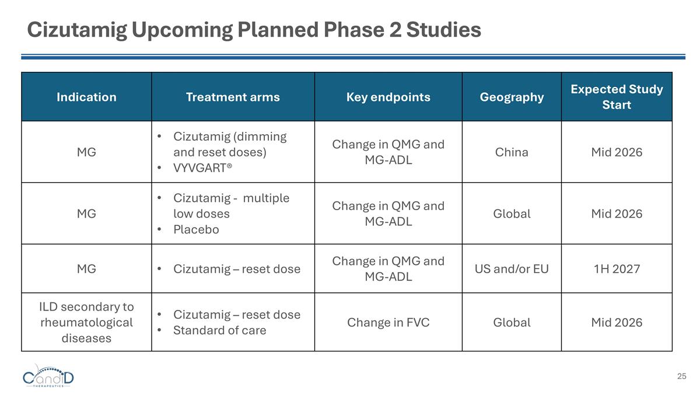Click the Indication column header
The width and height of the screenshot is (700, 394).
86,97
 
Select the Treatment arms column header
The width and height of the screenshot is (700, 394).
233,97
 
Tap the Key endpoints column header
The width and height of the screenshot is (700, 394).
388,97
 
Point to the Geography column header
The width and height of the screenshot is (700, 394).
512,97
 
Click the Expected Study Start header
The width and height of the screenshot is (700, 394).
617,97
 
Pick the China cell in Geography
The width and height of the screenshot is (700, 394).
512,152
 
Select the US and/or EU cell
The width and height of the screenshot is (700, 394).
512,269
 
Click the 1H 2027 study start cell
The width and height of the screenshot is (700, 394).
617,269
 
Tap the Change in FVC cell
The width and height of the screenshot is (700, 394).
388,323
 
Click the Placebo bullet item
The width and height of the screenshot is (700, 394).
196,229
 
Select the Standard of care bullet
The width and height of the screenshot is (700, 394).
219,330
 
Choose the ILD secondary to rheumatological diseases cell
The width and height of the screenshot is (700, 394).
86,322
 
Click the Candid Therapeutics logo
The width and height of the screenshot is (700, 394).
48,378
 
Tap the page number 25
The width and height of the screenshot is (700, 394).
681,376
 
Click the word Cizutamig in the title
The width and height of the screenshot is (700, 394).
76,30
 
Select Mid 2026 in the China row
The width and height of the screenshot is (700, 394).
617,152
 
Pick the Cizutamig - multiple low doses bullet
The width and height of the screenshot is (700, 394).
231,205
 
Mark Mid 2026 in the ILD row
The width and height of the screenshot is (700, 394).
617,323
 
